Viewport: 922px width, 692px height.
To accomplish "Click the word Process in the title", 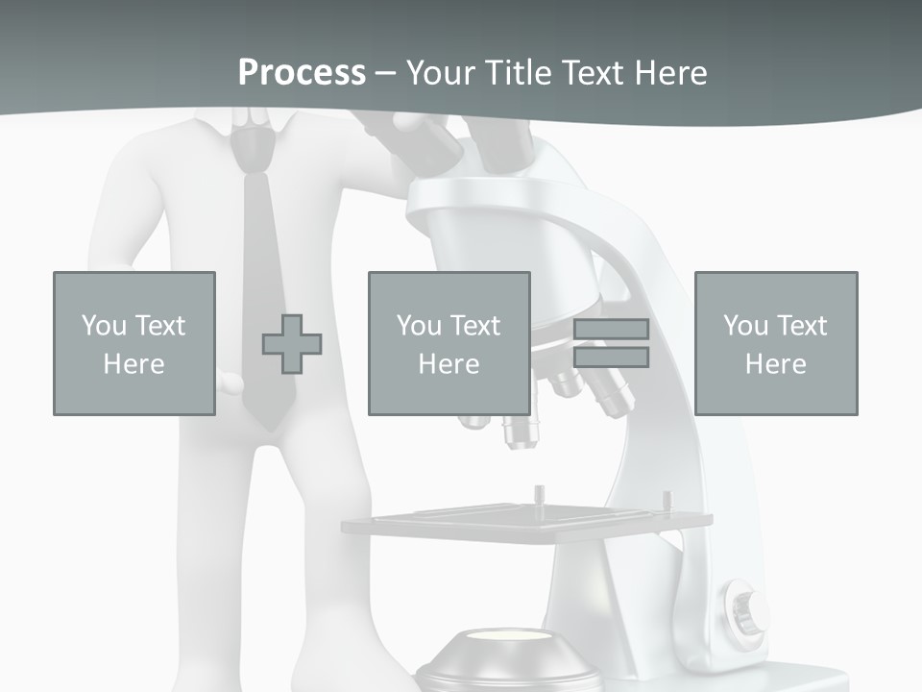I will (x=302, y=73).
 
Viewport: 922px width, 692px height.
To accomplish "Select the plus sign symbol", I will (x=292, y=344).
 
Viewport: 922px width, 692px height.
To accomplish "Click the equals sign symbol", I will (x=612, y=343).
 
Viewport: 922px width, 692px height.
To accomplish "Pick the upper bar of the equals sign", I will (x=612, y=330).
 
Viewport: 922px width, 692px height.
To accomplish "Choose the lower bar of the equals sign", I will (x=612, y=358).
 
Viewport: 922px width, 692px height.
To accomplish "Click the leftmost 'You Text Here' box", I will (x=134, y=343).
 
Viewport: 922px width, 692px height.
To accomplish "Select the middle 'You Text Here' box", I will (x=449, y=343).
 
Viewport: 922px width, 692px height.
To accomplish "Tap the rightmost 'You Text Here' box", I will (x=776, y=343).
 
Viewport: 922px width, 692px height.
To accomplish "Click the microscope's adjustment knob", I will (x=744, y=605).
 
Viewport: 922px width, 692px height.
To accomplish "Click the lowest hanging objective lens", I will (x=520, y=432).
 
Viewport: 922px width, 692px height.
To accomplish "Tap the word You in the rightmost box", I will (x=745, y=326).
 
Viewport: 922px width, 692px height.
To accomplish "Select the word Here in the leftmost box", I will (x=134, y=364).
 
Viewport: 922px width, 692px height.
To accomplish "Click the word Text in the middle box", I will (x=477, y=326).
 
